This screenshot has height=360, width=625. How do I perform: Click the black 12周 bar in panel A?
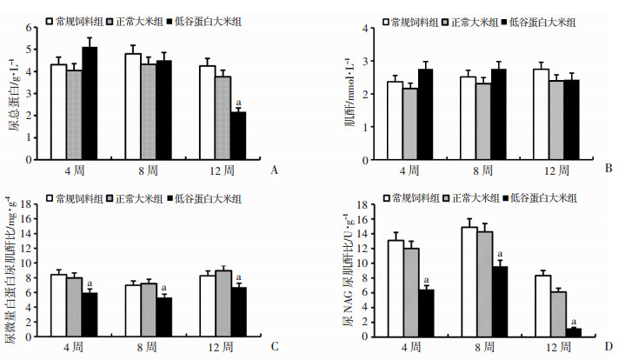coord(238,136)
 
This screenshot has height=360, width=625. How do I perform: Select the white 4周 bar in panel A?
coord(58,111)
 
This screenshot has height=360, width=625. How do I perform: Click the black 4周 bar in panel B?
coord(424,113)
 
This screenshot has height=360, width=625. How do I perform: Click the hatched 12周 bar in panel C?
coord(223,303)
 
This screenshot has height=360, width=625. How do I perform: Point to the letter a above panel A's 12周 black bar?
coord(238,103)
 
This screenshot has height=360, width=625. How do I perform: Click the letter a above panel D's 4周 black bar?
coord(425,281)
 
